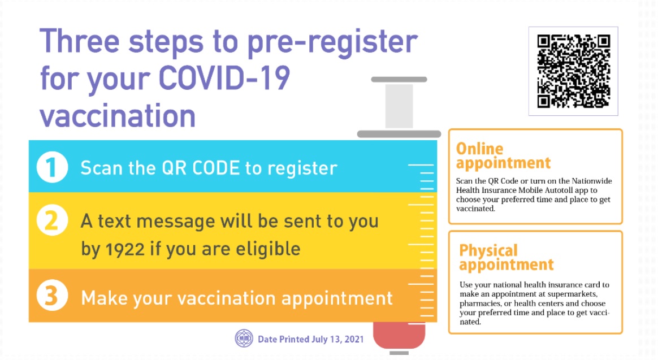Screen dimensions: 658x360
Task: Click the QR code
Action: point(573,71)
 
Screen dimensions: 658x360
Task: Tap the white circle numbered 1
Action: point(52,167)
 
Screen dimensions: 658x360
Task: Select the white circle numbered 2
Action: point(52,220)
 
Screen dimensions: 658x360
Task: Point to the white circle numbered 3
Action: point(52,296)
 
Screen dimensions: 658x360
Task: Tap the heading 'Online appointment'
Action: point(503,155)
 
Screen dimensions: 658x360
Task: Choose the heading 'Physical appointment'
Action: point(506,258)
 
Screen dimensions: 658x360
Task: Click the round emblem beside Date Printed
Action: point(244,338)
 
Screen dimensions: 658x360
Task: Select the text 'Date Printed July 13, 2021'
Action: point(310,339)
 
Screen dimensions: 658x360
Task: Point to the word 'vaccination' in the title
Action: point(118,115)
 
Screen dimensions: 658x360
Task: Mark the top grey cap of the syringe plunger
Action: point(399,79)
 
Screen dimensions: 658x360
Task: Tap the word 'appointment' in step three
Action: point(337,299)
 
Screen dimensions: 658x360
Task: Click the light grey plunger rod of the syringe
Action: point(399,106)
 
